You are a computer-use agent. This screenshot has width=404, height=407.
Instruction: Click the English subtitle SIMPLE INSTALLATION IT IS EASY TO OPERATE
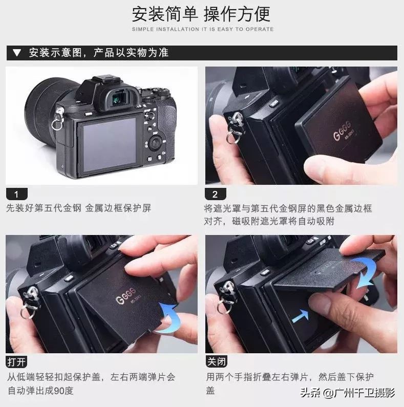click(x=202, y=29)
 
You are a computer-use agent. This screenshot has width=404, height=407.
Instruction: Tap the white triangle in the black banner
click(x=17, y=53)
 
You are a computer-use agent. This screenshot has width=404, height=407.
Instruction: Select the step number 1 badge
click(x=16, y=194)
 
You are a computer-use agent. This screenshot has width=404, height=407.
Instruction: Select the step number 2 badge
click(x=215, y=194)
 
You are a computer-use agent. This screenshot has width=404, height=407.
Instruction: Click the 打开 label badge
click(x=16, y=361)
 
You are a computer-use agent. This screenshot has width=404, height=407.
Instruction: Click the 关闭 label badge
click(x=216, y=361)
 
